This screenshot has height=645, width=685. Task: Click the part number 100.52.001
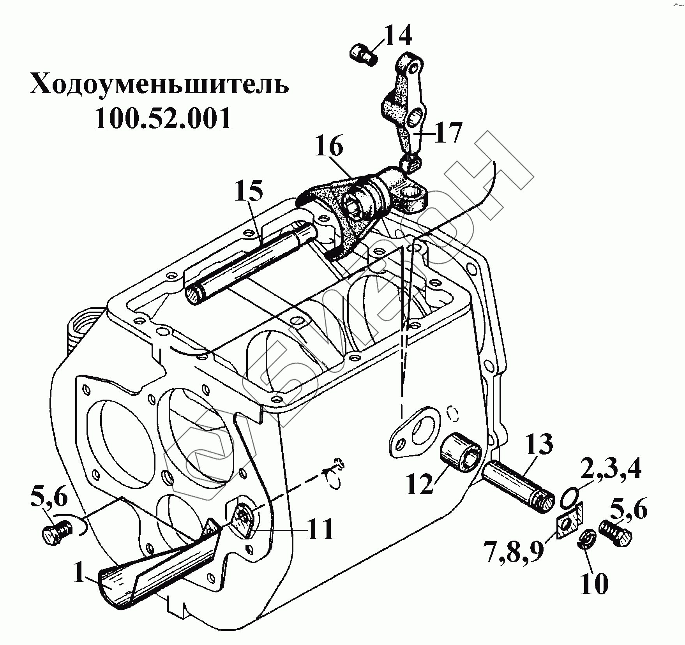pos(163,118)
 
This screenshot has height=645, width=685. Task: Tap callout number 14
pos(398,37)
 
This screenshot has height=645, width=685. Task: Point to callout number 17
pos(448,132)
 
